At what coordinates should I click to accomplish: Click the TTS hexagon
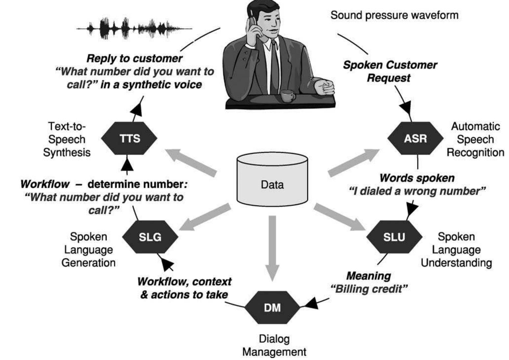coord(129,139)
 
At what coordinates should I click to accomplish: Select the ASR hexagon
coord(415,139)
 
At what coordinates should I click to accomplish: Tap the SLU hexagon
coord(394,237)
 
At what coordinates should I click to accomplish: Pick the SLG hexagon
coord(150,237)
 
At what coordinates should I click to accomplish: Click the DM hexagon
coord(272,308)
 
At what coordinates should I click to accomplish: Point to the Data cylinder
coord(272,179)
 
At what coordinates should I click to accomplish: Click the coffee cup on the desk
coord(288,95)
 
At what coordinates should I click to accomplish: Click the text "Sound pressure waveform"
coord(394,15)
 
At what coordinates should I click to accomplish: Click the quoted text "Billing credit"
coord(369,289)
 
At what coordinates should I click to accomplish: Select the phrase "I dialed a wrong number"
coord(417,191)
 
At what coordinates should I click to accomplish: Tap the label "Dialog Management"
coord(274,345)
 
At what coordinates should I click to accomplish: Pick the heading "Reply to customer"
coord(134,59)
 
